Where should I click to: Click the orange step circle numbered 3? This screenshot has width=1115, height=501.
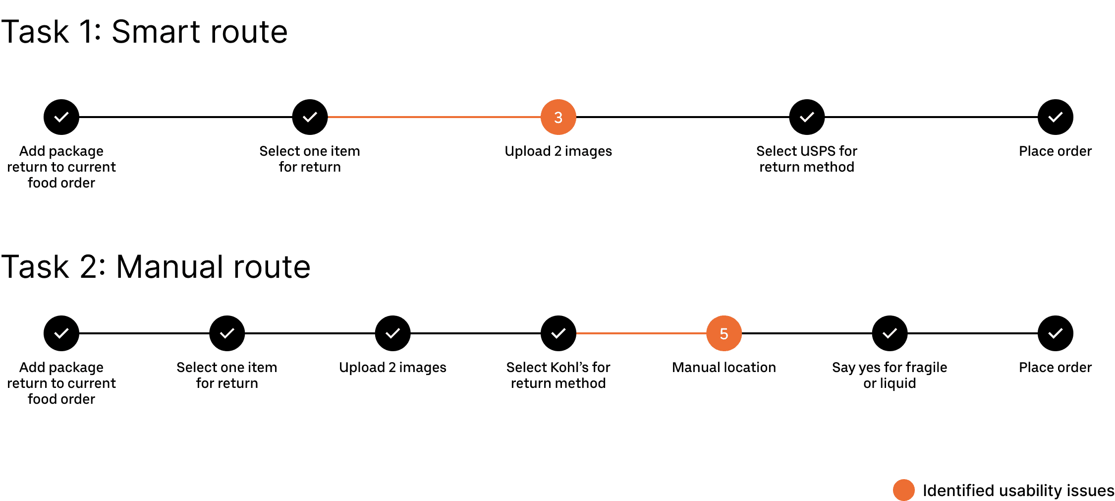coord(558,117)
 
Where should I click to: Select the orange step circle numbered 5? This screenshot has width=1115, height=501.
coord(724,333)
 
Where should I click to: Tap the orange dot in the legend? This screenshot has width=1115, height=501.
coord(903,490)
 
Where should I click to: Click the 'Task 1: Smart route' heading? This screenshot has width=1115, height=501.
coord(144,32)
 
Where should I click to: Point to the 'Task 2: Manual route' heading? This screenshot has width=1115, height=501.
coord(156,267)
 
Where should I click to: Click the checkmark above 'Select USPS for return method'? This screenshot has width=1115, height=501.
coord(807,117)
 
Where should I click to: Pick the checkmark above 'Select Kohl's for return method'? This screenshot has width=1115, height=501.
coord(558,333)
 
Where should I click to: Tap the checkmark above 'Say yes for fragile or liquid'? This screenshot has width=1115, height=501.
coord(890,333)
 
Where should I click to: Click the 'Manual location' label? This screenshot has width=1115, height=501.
coord(724,368)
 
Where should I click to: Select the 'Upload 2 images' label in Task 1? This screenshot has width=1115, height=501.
coord(558,151)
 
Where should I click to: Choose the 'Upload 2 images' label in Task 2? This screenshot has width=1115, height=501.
coord(392,368)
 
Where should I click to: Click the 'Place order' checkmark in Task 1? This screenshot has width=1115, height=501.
coord(1055,117)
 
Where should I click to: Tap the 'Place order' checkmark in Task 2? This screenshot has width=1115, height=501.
coord(1055,333)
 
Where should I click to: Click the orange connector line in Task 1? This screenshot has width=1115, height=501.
coord(434,117)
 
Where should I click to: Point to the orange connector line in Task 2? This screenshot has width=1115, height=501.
coord(641,333)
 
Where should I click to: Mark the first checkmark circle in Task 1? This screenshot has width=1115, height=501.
coord(61,117)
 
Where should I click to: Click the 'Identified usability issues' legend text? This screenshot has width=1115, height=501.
coord(1018,491)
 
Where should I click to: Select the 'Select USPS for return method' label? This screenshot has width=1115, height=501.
coord(807,159)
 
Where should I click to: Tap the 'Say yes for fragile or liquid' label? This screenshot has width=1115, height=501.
coord(890,376)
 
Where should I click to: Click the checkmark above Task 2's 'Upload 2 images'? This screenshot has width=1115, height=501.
coord(392,333)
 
